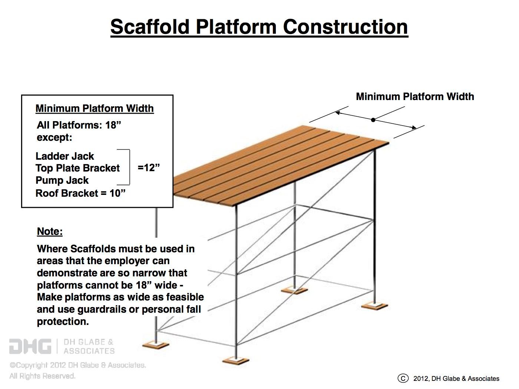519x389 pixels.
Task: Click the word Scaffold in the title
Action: pos(150,27)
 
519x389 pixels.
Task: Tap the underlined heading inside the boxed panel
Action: pos(95,109)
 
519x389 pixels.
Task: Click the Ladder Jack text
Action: pos(65,156)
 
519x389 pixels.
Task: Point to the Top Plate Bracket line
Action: pos(77,168)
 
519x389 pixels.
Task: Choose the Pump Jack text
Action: pos(62,180)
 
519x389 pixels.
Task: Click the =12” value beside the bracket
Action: pos(149,167)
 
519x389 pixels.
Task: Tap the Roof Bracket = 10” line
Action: pos(80,193)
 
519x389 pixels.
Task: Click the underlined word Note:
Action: pos(50,232)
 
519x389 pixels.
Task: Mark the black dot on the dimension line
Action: pos(373,120)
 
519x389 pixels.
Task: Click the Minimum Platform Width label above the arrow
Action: pos(415,97)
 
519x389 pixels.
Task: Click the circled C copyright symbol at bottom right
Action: pos(403,378)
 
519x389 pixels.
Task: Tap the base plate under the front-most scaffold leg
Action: pos(236,360)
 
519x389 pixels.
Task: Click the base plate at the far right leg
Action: pos(374,306)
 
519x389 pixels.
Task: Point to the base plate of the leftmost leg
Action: pos(156,345)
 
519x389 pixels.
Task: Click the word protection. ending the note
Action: pos(63,322)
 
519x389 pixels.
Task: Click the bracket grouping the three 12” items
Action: pos(127,167)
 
